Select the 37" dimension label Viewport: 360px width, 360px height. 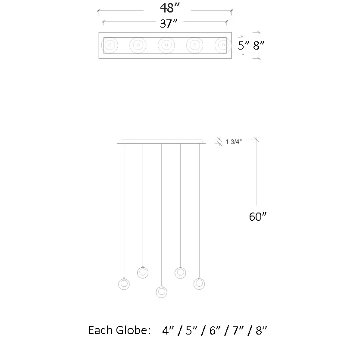pos(169,24)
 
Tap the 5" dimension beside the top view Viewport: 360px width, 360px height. pos(244,45)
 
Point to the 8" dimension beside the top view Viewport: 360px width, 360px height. pos(258,45)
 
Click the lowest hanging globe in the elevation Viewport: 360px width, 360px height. pos(161,291)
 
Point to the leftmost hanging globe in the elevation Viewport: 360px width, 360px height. pos(124,284)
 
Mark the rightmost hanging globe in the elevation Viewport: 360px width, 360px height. pos(199,284)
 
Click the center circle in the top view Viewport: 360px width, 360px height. pos(166,44)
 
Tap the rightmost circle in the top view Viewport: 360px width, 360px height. pos(222,44)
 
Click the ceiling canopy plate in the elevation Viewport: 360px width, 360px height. pos(161,141)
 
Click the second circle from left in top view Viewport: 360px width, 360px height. pos(138,44)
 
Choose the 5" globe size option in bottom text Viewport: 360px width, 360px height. pos(191,331)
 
